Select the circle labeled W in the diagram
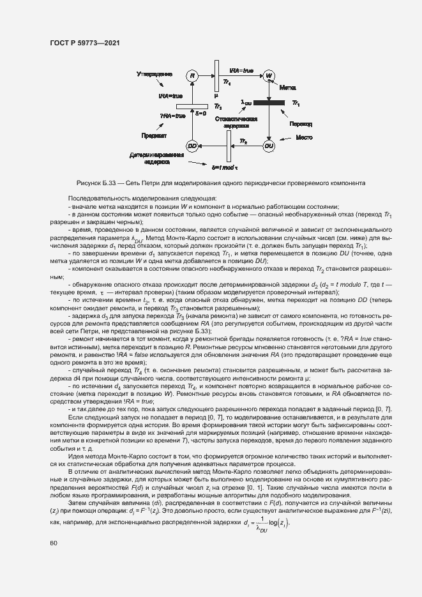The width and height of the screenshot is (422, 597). click(269, 75)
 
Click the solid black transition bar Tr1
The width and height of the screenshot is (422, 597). click(269, 102)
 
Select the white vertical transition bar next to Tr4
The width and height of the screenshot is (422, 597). click(216, 75)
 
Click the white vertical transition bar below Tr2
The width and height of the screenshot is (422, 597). click(227, 150)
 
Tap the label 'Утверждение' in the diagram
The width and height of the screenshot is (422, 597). click(154, 74)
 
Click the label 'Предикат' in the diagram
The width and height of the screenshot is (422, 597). click(154, 136)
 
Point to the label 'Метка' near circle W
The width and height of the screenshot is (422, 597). click(288, 86)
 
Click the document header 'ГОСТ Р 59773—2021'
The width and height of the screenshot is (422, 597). click(85, 43)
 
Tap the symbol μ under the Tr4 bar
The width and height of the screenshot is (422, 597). click(216, 95)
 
